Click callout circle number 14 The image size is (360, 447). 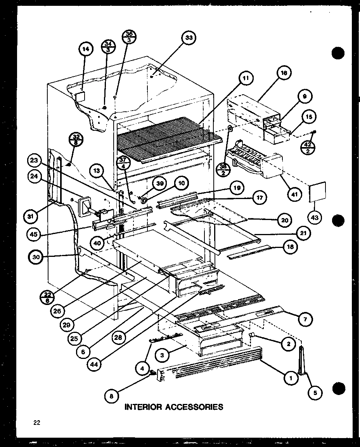[86, 49]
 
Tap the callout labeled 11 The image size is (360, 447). [245, 79]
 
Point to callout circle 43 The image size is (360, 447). [314, 218]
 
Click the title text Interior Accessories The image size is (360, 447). [173, 407]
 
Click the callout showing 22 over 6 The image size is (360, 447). [47, 296]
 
